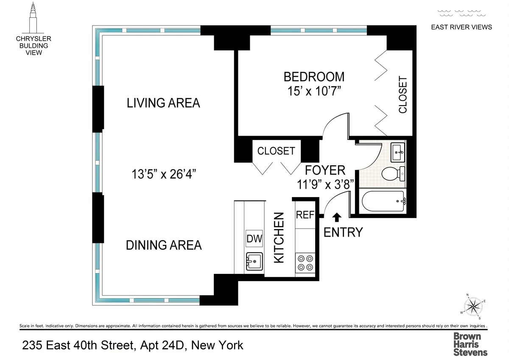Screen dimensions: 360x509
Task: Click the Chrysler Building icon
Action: click(x=34, y=18)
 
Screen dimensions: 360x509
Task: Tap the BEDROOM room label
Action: click(x=314, y=77)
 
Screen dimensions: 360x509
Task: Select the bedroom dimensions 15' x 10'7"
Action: click(x=314, y=92)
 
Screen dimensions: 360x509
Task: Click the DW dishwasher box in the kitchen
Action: click(x=254, y=239)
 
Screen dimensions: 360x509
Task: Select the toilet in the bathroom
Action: click(x=392, y=173)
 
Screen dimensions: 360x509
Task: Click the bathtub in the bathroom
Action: click(x=383, y=202)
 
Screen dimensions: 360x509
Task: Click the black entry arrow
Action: click(x=337, y=217)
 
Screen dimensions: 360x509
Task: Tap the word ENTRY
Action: click(x=343, y=232)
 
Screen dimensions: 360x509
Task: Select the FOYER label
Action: click(x=325, y=170)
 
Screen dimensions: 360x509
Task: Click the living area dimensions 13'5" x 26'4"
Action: click(x=163, y=173)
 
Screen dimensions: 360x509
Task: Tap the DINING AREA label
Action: click(x=164, y=245)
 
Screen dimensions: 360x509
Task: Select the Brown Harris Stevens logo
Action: click(x=470, y=343)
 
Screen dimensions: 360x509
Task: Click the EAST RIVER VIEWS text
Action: click(x=461, y=27)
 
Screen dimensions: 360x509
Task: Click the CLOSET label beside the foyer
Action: click(x=276, y=151)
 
